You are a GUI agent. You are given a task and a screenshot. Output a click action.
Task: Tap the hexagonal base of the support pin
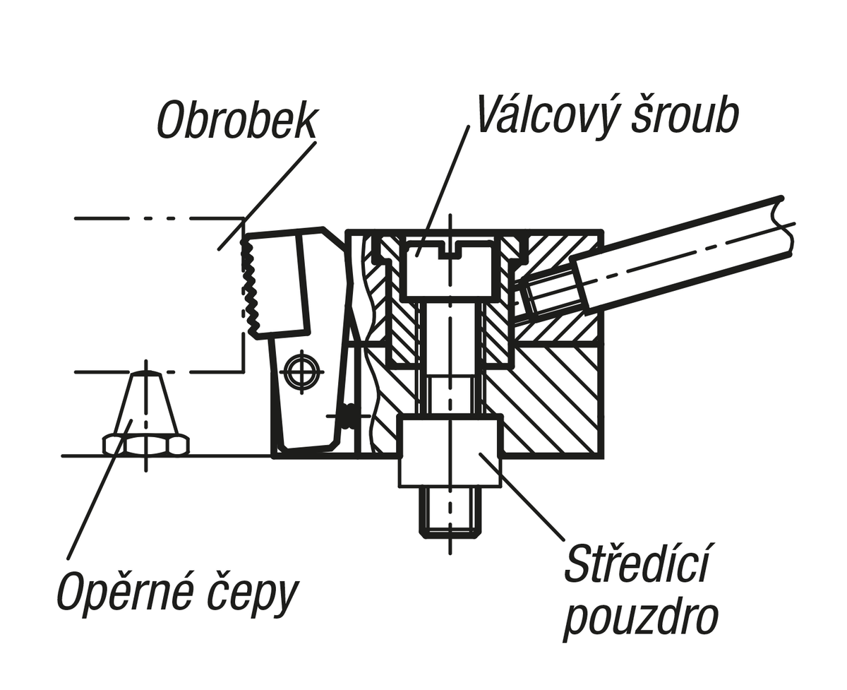point(146,445)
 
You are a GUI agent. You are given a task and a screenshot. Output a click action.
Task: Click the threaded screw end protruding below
point(451,512)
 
